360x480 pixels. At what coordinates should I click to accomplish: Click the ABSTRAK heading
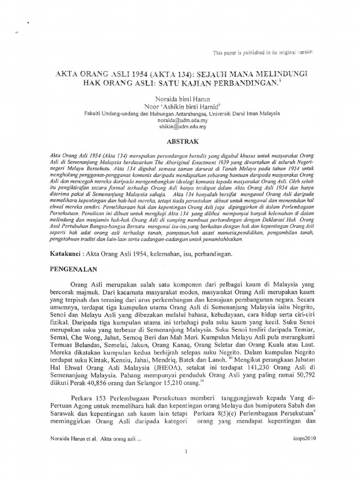click(x=180, y=141)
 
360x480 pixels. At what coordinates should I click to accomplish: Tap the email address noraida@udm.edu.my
click(x=180, y=120)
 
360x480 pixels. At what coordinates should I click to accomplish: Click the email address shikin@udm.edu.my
click(x=180, y=126)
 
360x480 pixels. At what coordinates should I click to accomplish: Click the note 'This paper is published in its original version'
click(x=262, y=52)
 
